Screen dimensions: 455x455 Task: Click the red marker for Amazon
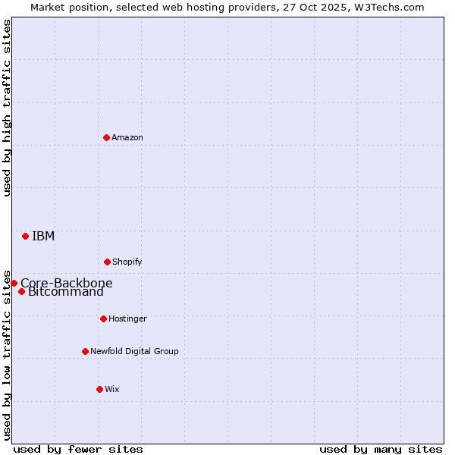tap(106, 137)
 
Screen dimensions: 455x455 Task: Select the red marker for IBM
tap(25, 236)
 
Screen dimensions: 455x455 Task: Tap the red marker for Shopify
tap(107, 262)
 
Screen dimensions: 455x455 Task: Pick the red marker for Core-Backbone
tap(14, 283)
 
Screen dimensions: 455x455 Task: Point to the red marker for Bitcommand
tap(21, 292)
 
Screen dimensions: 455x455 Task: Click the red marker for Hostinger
tap(103, 318)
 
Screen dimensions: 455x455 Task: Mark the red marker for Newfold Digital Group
tap(85, 351)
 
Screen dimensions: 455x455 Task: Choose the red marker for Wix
tap(99, 389)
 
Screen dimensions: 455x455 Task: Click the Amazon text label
tap(127, 137)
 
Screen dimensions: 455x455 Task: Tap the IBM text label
tap(43, 236)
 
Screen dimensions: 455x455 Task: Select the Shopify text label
tap(127, 262)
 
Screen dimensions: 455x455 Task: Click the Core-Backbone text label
tap(67, 283)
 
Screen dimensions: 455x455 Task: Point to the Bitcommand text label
tap(66, 293)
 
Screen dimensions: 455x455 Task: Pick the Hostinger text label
tap(127, 318)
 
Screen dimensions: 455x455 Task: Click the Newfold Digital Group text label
tap(134, 351)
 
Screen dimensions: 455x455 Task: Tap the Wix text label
tap(112, 389)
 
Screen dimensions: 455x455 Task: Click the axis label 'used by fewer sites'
tap(78, 449)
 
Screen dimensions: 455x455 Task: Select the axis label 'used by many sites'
tap(381, 449)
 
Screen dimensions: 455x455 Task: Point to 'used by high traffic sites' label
tap(7, 108)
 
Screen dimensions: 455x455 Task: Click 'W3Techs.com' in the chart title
tap(393, 7)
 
